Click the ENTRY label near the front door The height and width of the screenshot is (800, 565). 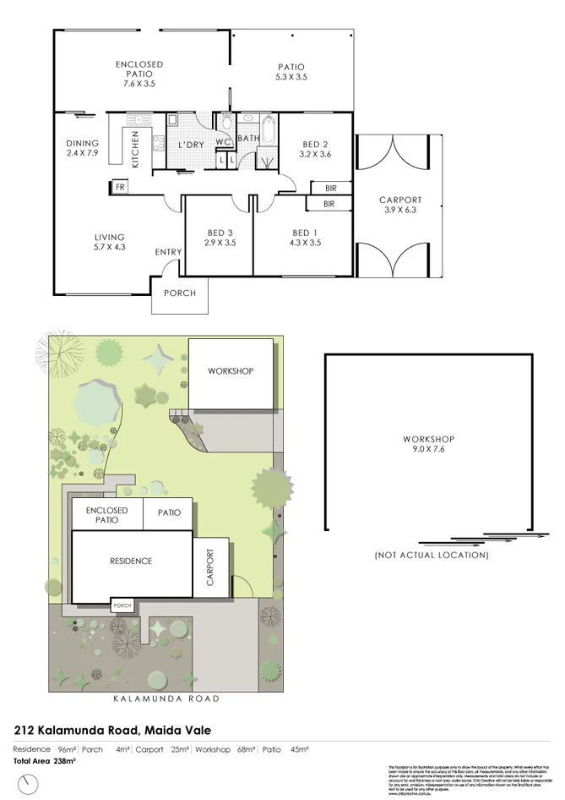[167, 252]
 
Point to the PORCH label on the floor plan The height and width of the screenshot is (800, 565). [179, 293]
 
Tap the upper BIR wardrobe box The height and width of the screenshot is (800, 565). [329, 189]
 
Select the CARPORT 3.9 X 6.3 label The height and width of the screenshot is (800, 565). [400, 205]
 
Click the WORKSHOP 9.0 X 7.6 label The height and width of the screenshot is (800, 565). [428, 444]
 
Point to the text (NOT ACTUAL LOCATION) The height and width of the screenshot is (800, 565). [431, 556]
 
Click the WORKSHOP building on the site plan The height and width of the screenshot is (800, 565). [231, 371]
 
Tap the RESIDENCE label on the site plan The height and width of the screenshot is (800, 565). [130, 561]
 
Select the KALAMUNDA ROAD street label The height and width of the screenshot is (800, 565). [166, 699]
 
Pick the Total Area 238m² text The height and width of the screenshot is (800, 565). [44, 761]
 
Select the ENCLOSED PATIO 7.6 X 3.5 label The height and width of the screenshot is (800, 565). [139, 74]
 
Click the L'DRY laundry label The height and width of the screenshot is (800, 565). [191, 145]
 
